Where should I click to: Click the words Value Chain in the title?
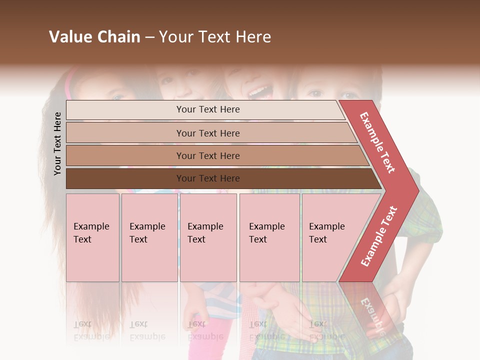point(94,37)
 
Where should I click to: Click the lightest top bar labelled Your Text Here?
point(205,109)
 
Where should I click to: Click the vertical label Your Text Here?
point(57,143)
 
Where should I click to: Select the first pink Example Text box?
point(92,237)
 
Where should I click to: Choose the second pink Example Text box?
point(149,237)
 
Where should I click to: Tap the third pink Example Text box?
point(208,237)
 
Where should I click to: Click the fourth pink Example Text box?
point(269,237)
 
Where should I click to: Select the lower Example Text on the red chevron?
point(379,236)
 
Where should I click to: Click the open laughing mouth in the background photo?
point(258,91)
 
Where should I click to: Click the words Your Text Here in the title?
point(215,37)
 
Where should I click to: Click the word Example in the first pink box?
point(91,226)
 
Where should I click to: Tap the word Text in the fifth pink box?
point(318,239)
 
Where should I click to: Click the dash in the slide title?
point(149,37)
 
